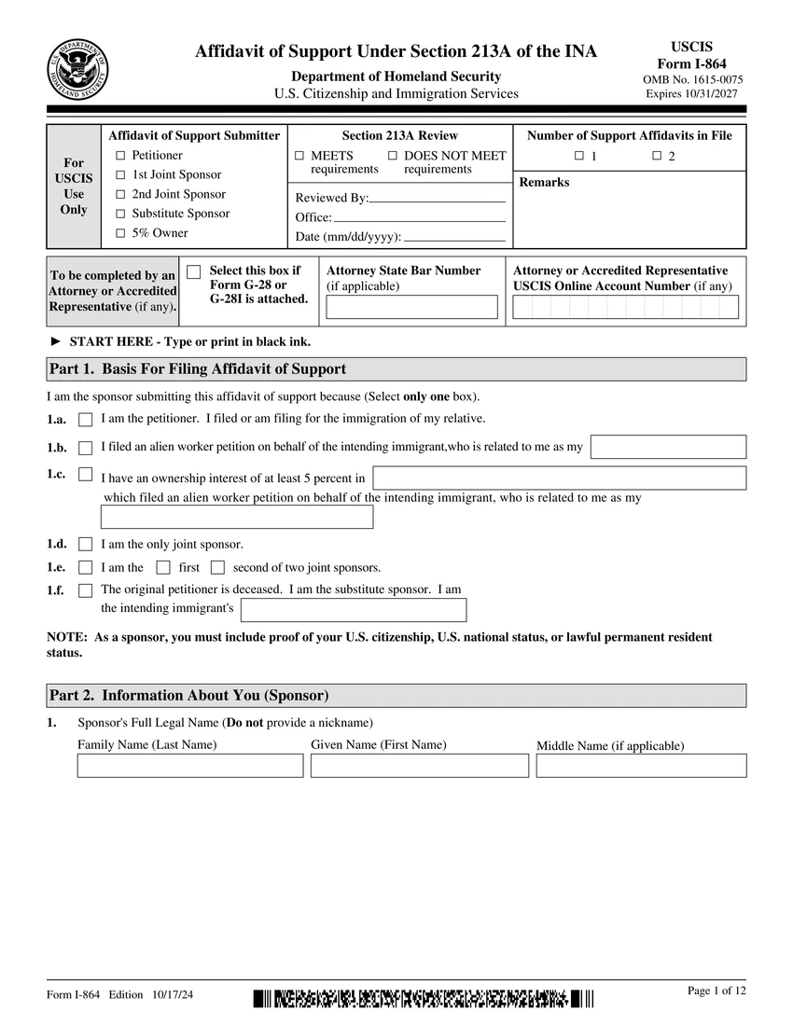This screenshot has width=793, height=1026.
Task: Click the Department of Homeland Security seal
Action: (77, 70)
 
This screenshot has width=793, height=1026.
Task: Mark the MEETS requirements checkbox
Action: (299, 156)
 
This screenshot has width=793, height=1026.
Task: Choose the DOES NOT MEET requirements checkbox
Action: (393, 156)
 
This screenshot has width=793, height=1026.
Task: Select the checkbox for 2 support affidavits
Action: (657, 156)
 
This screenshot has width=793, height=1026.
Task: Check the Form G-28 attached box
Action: (194, 272)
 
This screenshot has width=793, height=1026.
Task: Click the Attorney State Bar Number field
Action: (411, 307)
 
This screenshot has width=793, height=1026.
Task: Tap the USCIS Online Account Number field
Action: (625, 307)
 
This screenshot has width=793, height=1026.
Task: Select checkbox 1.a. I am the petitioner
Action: (86, 421)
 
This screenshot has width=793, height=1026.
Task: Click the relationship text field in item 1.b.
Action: (668, 447)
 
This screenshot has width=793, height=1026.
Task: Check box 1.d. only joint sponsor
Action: (86, 545)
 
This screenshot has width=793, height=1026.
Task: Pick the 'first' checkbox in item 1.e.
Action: (163, 567)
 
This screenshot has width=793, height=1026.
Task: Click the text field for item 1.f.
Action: (354, 610)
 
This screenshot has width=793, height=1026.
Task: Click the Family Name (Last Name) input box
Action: (190, 766)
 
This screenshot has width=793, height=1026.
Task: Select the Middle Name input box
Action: (641, 766)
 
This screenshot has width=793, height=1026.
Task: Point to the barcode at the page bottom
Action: (423, 1000)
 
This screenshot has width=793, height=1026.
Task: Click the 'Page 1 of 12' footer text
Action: (716, 991)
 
